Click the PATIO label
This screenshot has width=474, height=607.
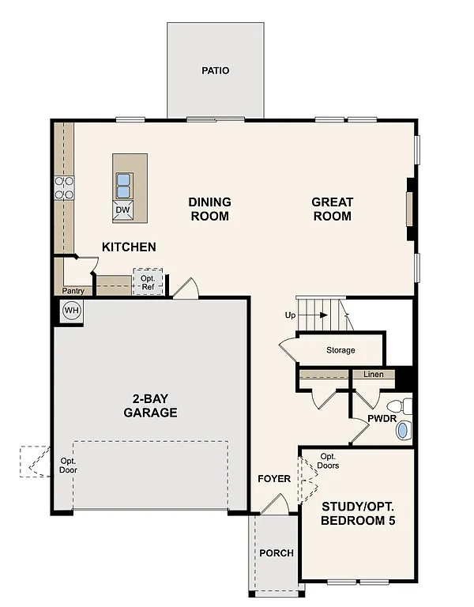215,70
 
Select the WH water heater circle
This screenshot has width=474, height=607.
72,311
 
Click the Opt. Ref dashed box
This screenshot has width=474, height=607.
148,282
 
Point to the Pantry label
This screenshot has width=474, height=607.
73,291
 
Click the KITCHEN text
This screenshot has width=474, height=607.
129,247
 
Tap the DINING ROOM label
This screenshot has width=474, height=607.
209,209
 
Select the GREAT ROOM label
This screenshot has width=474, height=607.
332,209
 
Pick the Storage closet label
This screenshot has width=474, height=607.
340,349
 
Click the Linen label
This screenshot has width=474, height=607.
374,375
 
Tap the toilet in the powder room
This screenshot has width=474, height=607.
404,406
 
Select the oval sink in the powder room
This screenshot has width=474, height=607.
403,431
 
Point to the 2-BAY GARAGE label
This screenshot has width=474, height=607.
149,406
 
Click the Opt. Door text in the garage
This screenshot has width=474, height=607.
69,466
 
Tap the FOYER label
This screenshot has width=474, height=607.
274,479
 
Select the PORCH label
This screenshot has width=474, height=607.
276,552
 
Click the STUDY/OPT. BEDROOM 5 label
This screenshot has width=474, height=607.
358,514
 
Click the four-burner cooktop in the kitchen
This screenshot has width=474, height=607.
64,188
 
